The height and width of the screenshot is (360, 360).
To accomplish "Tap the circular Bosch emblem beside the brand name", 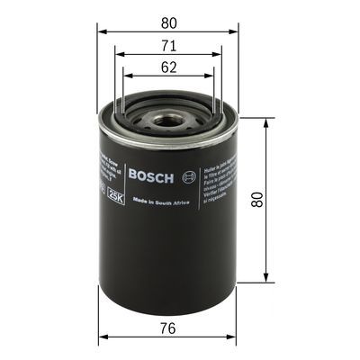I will coord(187,175).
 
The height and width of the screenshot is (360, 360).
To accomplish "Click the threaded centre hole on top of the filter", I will coord(167,119).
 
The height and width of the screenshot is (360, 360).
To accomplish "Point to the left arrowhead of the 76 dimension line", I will coord(101,338).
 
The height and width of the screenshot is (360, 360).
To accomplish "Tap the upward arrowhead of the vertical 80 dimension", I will coord(266,120).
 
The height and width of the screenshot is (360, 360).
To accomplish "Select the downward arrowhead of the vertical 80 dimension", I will coord(266,278).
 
